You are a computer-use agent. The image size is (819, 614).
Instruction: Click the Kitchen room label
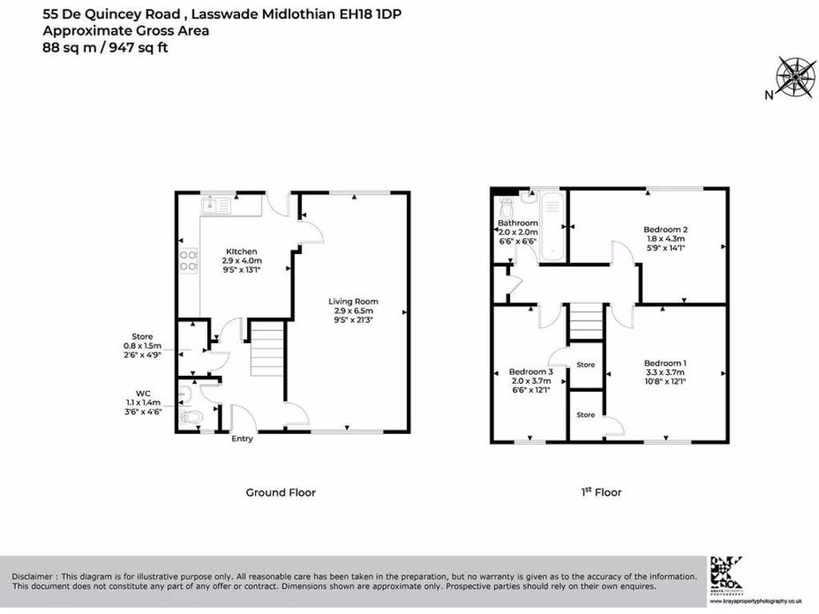(242, 252)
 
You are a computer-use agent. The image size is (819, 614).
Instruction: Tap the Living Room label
(351, 301)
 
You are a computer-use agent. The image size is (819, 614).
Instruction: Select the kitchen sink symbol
(217, 205)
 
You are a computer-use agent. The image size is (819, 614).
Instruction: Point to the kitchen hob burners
(190, 261)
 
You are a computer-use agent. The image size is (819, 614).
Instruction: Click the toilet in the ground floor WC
(191, 417)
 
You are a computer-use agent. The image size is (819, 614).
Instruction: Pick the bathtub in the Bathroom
(552, 227)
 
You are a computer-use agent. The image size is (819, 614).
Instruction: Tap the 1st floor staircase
(585, 322)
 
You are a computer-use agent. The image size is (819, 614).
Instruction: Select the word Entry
(242, 439)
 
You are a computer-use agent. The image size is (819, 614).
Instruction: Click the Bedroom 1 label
(665, 364)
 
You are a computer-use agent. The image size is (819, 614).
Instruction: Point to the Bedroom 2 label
(665, 229)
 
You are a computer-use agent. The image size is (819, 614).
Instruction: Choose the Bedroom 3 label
(531, 373)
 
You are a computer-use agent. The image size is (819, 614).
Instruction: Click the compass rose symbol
(795, 77)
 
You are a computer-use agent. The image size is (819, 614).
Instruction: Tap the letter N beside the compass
(768, 96)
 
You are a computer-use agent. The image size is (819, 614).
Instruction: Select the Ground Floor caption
(280, 492)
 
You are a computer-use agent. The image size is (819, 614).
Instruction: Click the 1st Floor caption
(601, 492)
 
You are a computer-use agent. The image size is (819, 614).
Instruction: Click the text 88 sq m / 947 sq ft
(105, 48)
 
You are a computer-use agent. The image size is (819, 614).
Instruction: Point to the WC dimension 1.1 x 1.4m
(143, 402)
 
